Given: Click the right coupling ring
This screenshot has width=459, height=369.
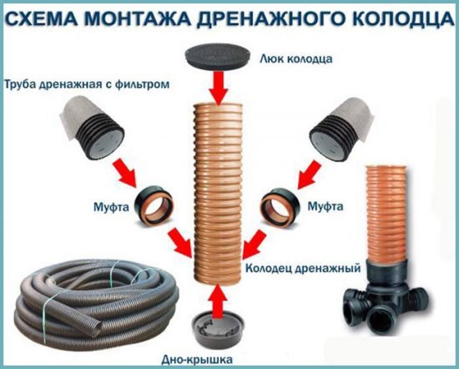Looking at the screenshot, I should tap(287, 204).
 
